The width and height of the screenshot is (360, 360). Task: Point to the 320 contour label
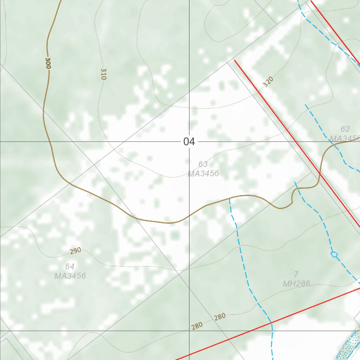coord(268,82)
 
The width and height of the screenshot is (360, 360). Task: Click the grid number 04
coord(189,142)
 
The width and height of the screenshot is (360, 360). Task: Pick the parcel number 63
coord(203,164)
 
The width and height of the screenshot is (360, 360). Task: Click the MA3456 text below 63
coord(203,173)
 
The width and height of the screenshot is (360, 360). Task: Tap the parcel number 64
coord(70,266)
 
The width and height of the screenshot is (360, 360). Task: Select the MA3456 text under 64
coord(70,276)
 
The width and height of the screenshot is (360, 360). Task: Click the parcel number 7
coord(296,274)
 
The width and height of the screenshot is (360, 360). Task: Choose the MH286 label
coord(297,283)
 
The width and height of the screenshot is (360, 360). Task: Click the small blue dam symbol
coord(334,254)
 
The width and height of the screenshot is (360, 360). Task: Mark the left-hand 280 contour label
coord(197,326)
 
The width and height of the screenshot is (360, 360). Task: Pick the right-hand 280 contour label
coord(220,317)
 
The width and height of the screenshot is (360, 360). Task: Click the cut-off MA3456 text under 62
coord(345,138)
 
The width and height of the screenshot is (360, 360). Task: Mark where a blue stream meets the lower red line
coord(271,322)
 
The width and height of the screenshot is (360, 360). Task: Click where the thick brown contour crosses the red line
coord(320,172)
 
